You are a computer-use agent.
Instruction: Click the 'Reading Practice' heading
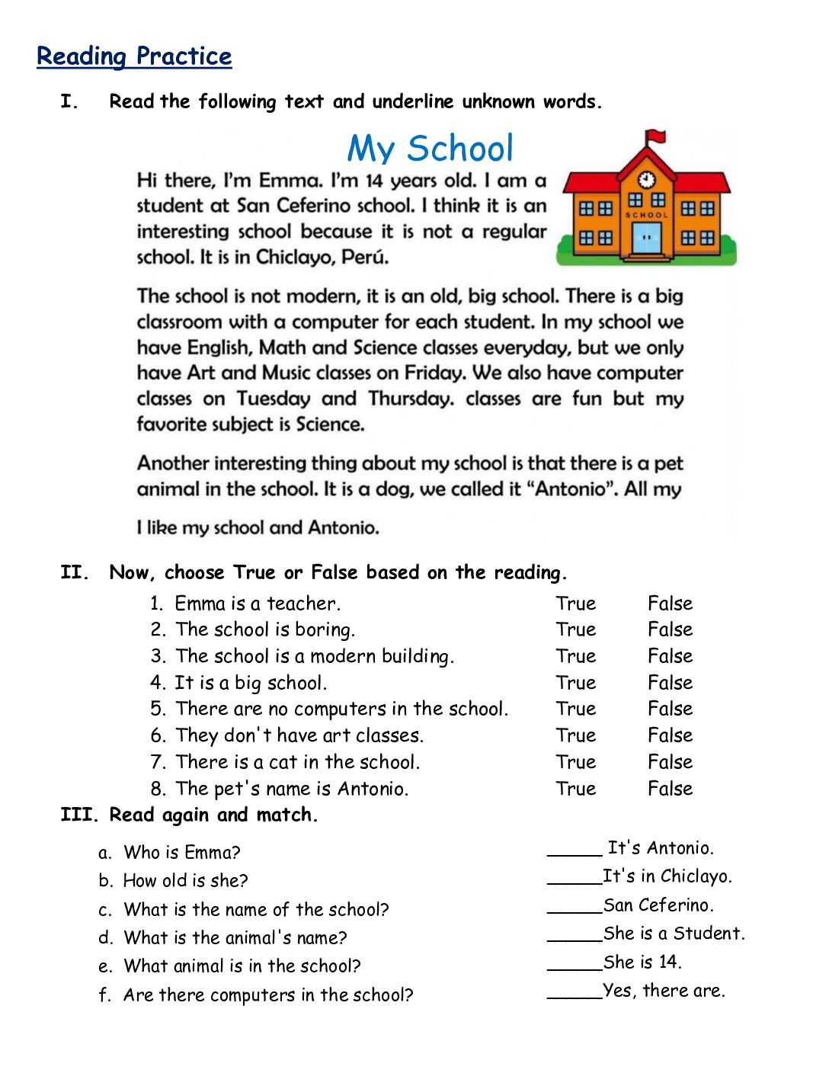coord(134,56)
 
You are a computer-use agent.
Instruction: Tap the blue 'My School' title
coord(431,149)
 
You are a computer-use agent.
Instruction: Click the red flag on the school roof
coord(655,138)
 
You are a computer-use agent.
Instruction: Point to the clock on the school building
coord(646,180)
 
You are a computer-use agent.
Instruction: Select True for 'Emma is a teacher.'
coord(575,604)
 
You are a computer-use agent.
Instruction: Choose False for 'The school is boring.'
coord(670,629)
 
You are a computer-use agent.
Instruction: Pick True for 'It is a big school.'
coord(575,683)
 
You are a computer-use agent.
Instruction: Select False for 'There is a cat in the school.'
coord(670,762)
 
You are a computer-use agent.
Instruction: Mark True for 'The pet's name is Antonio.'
coord(575,789)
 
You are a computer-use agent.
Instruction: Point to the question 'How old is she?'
coord(186,881)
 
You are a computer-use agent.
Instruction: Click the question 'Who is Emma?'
coord(182,853)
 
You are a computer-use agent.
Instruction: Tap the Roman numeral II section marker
coord(75,572)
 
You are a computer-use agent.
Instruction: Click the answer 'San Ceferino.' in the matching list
coord(658,905)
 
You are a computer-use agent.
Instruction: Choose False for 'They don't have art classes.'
coord(670,735)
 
